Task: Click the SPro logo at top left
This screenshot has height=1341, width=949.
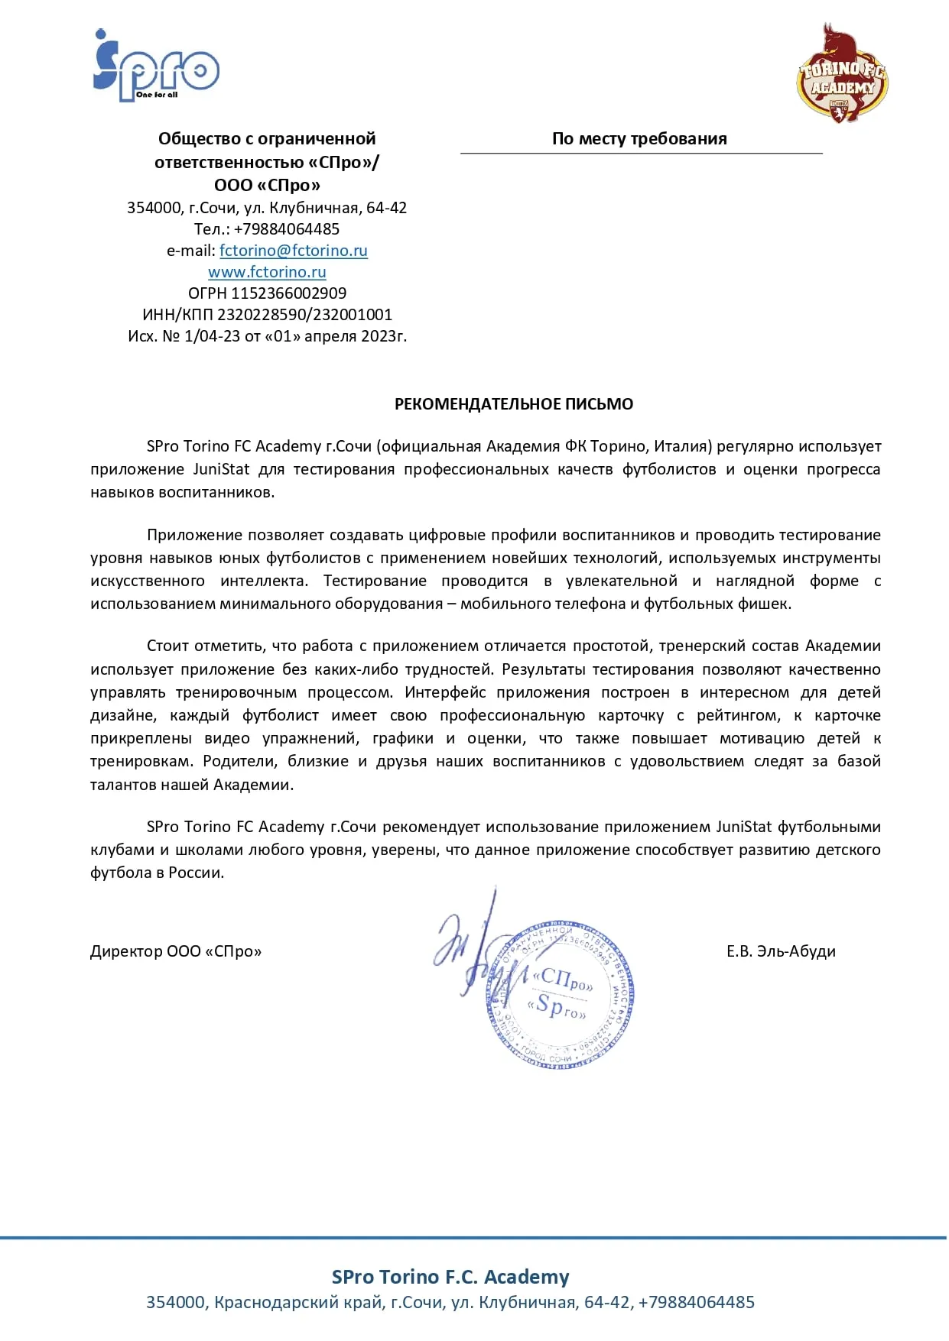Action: pyautogui.click(x=156, y=67)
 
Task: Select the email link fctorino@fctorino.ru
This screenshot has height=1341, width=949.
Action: pyautogui.click(x=293, y=251)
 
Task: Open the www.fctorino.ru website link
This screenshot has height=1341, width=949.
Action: pyautogui.click(x=267, y=272)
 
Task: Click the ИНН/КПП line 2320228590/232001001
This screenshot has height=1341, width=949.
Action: pyautogui.click(x=304, y=315)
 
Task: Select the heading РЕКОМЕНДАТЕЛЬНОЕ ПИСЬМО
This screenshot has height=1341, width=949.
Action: pyautogui.click(x=513, y=404)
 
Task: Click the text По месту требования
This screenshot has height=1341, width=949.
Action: pyautogui.click(x=639, y=139)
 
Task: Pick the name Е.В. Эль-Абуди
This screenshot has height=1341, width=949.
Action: pyautogui.click(x=780, y=951)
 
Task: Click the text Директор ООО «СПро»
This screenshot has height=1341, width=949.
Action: pyautogui.click(x=176, y=951)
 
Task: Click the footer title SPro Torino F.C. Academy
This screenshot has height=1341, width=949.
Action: pyautogui.click(x=450, y=1277)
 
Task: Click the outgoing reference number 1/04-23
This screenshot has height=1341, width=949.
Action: pyautogui.click(x=212, y=336)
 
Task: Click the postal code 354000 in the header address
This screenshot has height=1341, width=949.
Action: pyautogui.click(x=154, y=208)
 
